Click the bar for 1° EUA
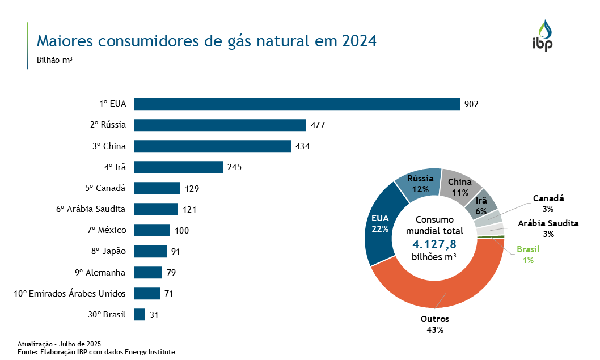point(297,104)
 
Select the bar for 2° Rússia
point(220,125)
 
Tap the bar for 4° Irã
point(178,167)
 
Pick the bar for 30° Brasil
point(140,315)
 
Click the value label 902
point(472,104)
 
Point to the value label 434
point(303,146)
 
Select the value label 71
point(168,294)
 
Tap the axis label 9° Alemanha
point(100,273)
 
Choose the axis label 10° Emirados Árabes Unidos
point(69,294)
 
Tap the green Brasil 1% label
point(528,255)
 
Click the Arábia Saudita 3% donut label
point(548,228)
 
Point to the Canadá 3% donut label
point(548,204)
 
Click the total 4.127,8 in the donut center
point(434,244)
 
